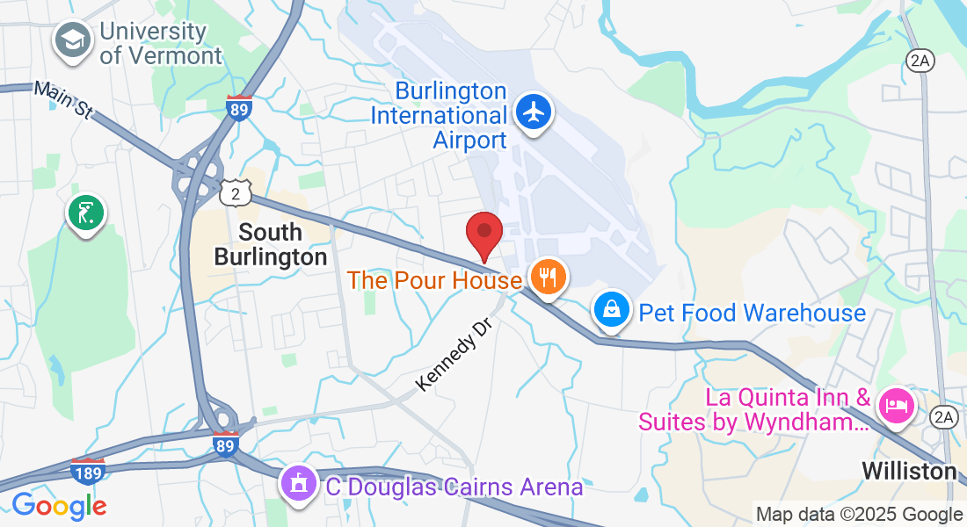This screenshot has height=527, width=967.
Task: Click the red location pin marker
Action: click(x=484, y=235)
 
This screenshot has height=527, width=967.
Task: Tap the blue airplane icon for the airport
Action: click(x=532, y=112)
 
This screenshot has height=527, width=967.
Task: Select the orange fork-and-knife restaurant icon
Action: click(x=548, y=278)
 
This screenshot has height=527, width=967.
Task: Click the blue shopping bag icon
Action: click(x=609, y=310)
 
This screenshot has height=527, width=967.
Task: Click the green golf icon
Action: click(x=85, y=213)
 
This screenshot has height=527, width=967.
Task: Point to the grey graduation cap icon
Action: click(x=73, y=40)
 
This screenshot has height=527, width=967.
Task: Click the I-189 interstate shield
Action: click(x=88, y=471)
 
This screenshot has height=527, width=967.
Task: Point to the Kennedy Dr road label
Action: click(x=452, y=355)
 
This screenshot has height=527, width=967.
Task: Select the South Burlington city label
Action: click(x=271, y=244)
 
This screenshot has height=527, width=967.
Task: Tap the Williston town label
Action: click(x=909, y=471)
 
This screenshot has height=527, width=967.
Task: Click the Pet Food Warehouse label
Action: click(x=752, y=313)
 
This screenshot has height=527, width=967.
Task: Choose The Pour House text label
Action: click(x=434, y=281)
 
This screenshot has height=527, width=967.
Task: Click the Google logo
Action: click(x=59, y=505)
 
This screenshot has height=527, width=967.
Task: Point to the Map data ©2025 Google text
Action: click(x=859, y=515)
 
